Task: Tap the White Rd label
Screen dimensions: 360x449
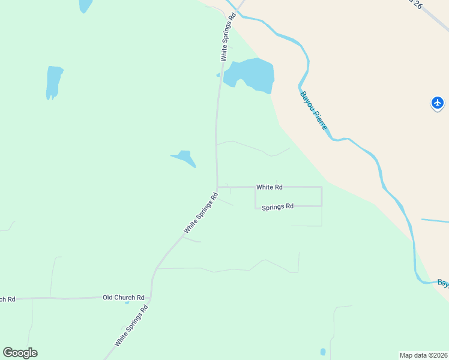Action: coord(269,187)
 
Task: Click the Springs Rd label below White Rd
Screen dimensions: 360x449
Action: coord(277,206)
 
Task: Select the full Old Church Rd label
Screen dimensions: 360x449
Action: coord(124,297)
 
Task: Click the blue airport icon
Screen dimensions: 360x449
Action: coord(438,103)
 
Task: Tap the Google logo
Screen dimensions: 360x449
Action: coord(20,353)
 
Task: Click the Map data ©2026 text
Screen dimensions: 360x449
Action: coord(424,355)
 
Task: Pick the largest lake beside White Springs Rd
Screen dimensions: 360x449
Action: coord(251,75)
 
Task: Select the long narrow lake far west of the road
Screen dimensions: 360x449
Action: coord(53,82)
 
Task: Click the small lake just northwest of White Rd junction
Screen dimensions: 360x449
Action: coord(185,158)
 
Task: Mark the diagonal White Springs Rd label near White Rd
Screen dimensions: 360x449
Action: coord(200,212)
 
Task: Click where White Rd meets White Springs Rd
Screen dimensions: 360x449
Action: coord(217,187)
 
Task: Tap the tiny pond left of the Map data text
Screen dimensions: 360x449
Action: coord(323,352)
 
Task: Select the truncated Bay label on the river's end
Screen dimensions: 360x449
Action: coord(443,282)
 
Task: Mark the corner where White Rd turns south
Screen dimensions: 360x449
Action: coord(322,187)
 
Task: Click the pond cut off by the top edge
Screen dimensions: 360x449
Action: coord(85,5)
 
